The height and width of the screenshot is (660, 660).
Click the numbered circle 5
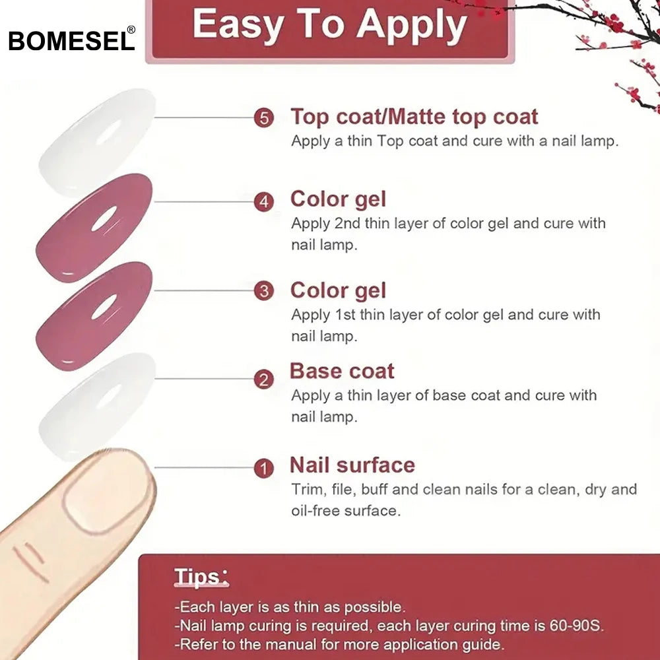[264, 118]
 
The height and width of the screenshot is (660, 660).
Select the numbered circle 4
[264, 202]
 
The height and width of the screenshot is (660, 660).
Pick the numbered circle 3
[264, 291]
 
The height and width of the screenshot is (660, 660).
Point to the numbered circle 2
[264, 379]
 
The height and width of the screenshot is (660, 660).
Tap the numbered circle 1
[264, 468]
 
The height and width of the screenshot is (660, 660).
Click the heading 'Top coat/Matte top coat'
[414, 117]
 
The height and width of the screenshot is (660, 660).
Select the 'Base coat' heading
[342, 371]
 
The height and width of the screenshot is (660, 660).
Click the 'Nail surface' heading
[352, 465]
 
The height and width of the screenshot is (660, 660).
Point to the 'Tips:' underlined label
[201, 577]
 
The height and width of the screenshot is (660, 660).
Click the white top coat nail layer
[97, 143]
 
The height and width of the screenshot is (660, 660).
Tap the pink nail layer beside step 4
[94, 228]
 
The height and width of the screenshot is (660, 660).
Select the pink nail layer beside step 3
[94, 316]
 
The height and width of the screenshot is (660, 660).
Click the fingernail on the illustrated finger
[107, 490]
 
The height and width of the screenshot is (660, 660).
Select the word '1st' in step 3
[345, 314]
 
